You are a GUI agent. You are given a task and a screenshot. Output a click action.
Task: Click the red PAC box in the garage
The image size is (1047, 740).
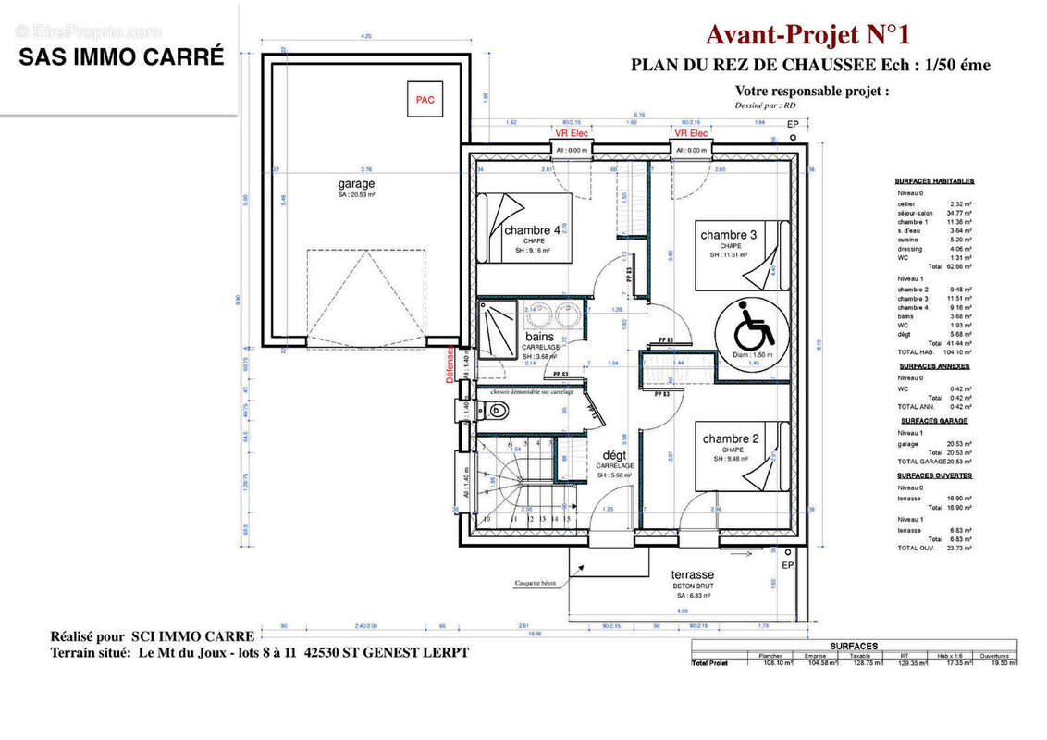click(x=425, y=99)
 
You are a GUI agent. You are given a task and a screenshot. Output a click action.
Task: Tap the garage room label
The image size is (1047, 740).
click(x=356, y=184)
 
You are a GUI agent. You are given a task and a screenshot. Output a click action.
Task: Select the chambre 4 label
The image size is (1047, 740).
click(x=532, y=230)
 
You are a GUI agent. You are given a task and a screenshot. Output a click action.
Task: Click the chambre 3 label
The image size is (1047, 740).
click(x=729, y=235)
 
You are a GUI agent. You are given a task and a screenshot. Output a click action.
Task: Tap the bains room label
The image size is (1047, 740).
click(x=540, y=338)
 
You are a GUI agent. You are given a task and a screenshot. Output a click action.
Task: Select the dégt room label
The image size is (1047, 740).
click(x=614, y=455)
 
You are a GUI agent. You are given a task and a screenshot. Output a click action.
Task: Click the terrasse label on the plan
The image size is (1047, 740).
click(x=693, y=574)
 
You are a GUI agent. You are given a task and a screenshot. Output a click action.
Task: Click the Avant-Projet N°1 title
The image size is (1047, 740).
click(x=807, y=35)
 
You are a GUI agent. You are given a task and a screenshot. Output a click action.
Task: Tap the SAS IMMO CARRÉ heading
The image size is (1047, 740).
click(x=121, y=56)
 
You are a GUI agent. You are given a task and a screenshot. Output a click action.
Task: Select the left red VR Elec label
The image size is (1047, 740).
click(x=572, y=133)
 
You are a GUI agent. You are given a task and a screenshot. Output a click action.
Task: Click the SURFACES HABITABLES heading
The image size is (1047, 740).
click(x=934, y=181)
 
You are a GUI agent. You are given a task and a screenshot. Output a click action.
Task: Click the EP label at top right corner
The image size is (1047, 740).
click(x=792, y=124)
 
